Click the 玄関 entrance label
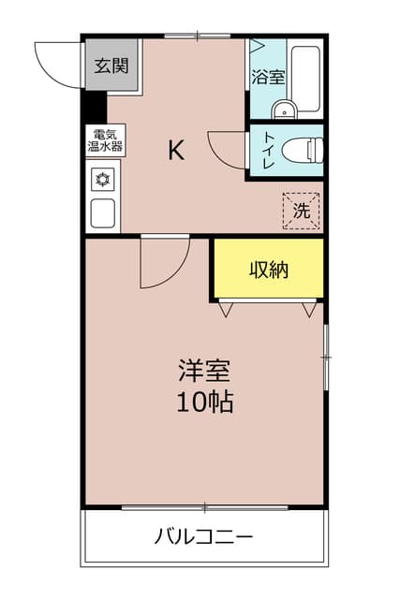(110, 66)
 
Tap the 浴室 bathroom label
(268, 78)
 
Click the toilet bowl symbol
(302, 149)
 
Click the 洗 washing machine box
(301, 212)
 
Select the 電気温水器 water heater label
(105, 139)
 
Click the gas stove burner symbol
(102, 178)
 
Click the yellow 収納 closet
(268, 270)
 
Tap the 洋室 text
(204, 370)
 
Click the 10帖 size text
(204, 402)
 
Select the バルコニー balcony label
(203, 537)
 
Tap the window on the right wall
(325, 357)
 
